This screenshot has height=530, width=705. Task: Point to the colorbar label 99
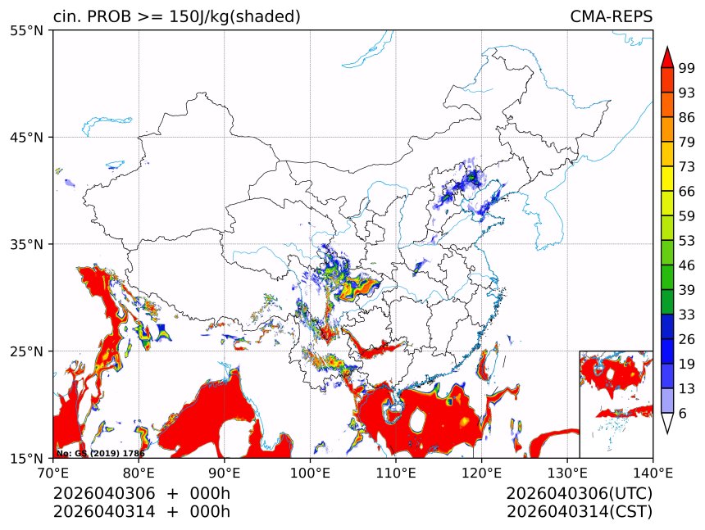(x=687, y=69)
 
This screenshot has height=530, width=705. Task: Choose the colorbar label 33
(x=687, y=315)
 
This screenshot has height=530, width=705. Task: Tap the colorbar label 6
(x=683, y=413)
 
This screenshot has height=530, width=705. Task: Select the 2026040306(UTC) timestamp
(x=579, y=494)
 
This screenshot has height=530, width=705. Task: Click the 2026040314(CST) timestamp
(x=579, y=512)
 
